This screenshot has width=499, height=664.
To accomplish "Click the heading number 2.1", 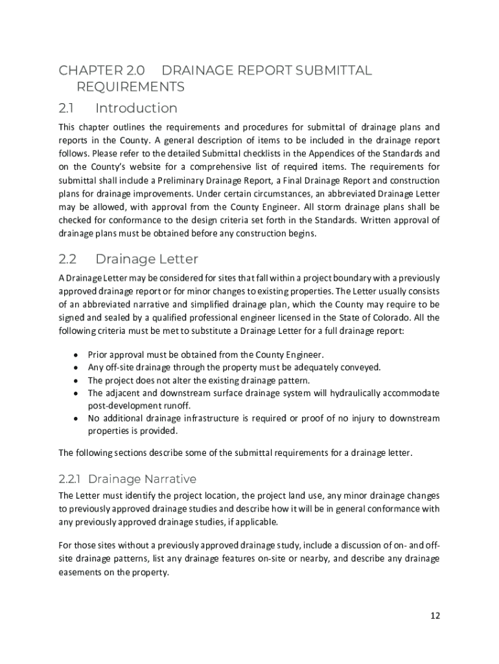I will (x=67, y=108).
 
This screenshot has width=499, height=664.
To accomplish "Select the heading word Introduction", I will (x=136, y=108).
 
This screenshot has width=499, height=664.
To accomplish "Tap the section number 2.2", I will (x=68, y=259).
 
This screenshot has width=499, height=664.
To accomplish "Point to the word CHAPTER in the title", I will (x=89, y=71).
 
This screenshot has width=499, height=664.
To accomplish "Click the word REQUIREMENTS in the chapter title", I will (x=130, y=87).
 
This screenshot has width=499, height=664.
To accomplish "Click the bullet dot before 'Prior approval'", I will (x=76, y=355).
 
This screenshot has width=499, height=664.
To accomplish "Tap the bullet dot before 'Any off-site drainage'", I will (x=76, y=368).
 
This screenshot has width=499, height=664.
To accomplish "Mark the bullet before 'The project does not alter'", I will (x=76, y=381).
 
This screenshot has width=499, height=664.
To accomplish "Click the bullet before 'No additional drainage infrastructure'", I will (x=76, y=419).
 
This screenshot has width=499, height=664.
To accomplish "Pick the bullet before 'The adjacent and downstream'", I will (x=76, y=394).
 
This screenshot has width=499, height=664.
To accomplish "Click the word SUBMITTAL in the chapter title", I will (x=334, y=71).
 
